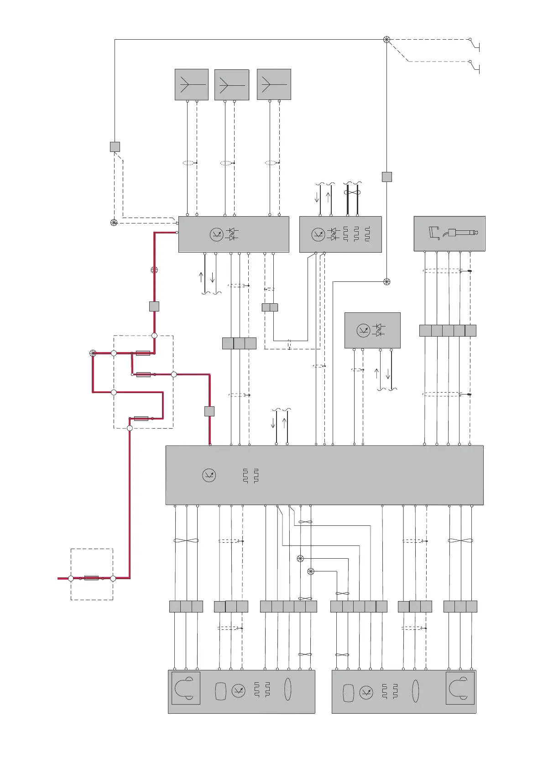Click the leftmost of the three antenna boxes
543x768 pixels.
tap(192, 84)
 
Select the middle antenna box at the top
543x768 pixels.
tap(232, 85)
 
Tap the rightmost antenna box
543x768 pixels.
tap(274, 84)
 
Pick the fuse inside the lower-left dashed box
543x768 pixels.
tap(91, 578)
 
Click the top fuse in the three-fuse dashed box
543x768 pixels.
tap(143, 353)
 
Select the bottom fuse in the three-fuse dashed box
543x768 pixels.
tap(141, 418)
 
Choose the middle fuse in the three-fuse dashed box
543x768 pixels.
tap(143, 374)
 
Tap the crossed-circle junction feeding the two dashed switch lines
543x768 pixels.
tap(386, 40)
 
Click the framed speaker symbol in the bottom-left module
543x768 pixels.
tap(186, 688)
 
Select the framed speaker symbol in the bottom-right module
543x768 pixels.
tap(459, 688)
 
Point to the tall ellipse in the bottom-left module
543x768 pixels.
tap(287, 689)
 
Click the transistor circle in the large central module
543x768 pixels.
tap(209, 476)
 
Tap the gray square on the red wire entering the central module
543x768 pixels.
tap(209, 411)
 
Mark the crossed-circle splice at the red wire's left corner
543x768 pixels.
tap(93, 353)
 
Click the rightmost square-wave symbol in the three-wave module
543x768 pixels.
tap(367, 234)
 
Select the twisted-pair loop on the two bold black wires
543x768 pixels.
tap(353, 192)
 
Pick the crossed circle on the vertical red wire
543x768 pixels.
tap(154, 270)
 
